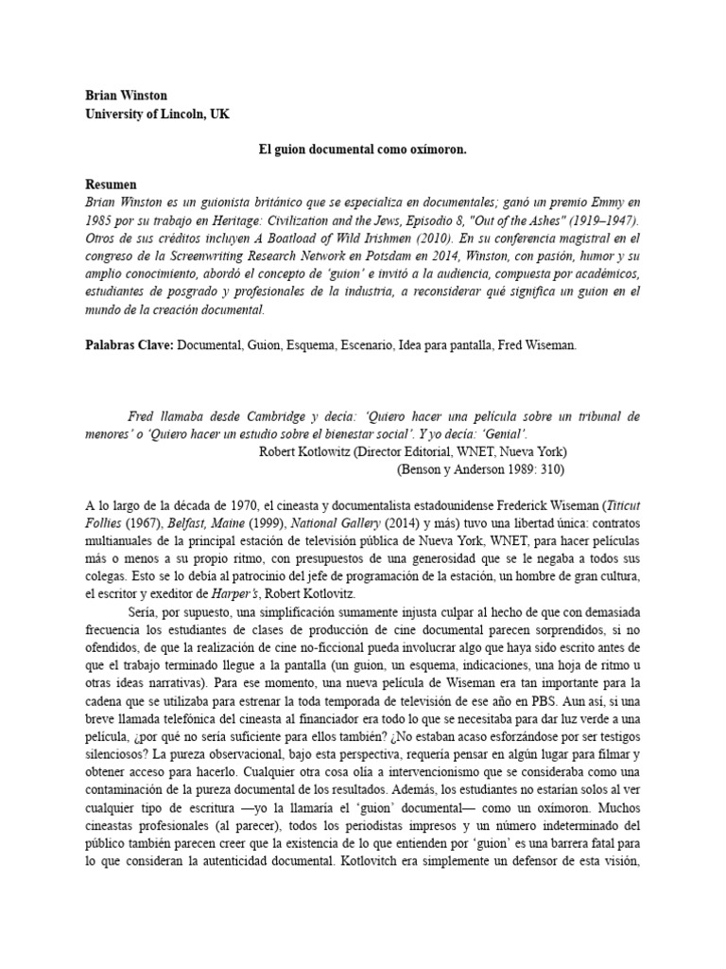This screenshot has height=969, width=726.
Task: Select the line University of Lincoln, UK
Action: (157, 115)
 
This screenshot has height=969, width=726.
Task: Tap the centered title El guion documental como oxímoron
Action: (363, 150)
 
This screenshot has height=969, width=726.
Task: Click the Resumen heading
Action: (112, 185)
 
